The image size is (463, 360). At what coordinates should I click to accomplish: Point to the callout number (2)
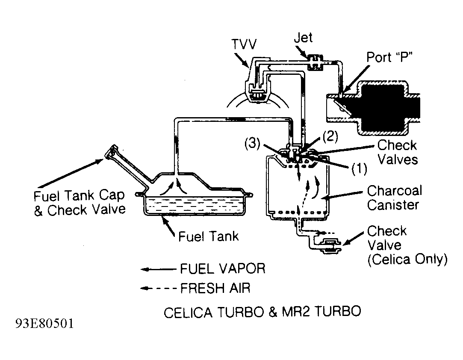tap(330, 136)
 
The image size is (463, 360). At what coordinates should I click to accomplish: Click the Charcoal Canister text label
tap(394, 197)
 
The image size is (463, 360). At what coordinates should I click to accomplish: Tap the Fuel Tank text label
tap(208, 236)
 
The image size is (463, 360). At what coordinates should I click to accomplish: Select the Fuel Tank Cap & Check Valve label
tap(80, 203)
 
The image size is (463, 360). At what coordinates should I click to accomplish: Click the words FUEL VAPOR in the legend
tap(222, 269)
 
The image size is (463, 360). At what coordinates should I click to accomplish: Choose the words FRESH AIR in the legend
tap(215, 288)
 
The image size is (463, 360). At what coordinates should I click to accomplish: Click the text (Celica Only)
tap(407, 260)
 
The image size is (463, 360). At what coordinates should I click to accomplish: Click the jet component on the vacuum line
tap(316, 60)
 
